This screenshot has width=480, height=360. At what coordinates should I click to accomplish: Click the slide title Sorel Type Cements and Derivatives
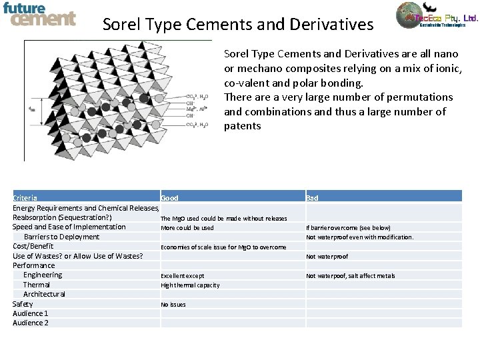tap(238, 25)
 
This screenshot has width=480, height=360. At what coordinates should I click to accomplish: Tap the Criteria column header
tap(25, 198)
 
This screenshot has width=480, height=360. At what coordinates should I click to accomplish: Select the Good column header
tap(169, 198)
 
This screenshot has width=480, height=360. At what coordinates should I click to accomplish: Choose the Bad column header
tap(312, 198)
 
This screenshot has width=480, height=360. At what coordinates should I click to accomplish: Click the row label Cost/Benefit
tap(33, 246)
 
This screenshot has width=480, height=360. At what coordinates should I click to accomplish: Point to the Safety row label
tap(23, 304)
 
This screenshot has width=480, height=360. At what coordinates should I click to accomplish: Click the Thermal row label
tap(37, 285)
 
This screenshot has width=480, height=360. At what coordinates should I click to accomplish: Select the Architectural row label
tap(44, 294)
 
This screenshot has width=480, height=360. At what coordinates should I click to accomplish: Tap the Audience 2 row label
tap(31, 323)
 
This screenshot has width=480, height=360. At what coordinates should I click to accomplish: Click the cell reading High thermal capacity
tap(190, 285)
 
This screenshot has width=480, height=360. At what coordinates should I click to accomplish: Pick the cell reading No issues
tap(173, 305)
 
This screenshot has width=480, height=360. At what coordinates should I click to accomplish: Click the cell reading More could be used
tap(187, 228)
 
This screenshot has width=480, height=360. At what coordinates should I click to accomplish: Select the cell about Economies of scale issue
tap(223, 247)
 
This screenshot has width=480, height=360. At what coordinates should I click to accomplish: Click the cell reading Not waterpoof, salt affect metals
tap(350, 276)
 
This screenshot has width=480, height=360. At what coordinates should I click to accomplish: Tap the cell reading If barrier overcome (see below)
tap(348, 228)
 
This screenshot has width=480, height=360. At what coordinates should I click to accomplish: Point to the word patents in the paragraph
tap(243, 126)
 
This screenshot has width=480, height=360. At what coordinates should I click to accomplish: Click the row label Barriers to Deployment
tap(61, 237)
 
